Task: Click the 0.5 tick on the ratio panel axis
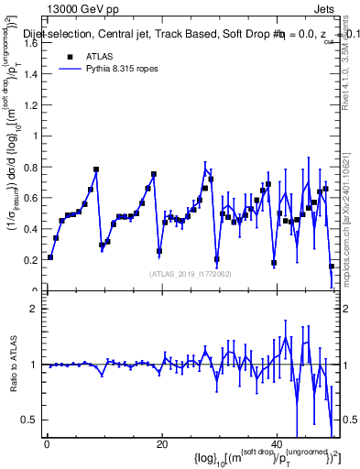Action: click(33, 420)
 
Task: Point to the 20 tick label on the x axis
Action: click(161, 444)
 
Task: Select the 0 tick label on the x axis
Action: click(47, 444)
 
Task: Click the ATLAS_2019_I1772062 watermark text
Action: click(189, 273)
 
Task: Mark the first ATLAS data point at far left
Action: click(50, 257)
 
